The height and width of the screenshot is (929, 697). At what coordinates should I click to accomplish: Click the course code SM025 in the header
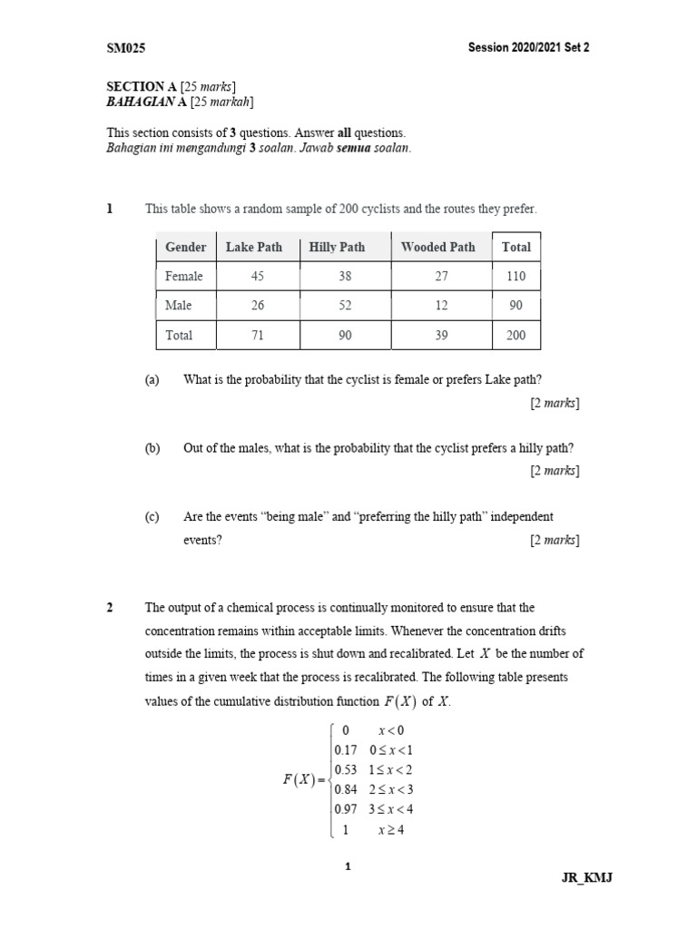126,48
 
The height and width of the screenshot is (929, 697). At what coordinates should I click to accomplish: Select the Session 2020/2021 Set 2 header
529,48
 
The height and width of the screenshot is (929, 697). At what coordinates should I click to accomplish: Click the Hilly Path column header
337,247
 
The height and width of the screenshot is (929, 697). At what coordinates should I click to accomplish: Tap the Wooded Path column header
437,247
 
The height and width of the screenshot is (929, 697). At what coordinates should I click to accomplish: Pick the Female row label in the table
184,276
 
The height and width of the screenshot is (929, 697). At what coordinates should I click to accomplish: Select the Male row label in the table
179,306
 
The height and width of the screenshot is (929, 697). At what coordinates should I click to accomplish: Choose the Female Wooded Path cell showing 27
441,276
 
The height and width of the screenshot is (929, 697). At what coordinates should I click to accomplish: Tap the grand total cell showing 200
515,335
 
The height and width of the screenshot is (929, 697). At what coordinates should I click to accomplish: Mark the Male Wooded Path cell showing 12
441,306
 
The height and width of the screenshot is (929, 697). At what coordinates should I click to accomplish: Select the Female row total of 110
515,276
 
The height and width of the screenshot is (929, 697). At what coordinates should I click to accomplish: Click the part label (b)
152,448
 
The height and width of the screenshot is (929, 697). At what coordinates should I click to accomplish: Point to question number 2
110,607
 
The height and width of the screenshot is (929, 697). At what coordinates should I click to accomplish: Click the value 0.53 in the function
346,769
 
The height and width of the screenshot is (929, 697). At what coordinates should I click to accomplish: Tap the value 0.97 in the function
346,809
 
